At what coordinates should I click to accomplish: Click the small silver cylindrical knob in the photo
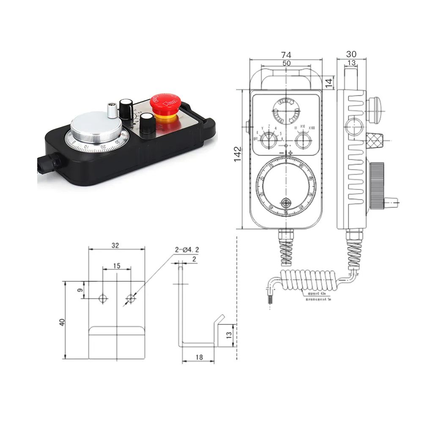(x=112, y=109)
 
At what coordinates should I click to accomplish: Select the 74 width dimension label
(x=286, y=55)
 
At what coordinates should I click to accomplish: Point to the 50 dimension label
(x=286, y=63)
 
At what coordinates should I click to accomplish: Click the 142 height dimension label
(x=237, y=154)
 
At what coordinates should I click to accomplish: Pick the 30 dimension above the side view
(x=351, y=54)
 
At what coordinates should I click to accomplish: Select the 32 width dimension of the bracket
(x=116, y=245)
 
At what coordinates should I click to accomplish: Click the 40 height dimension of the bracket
(x=62, y=321)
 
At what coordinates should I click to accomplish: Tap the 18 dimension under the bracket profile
(x=199, y=357)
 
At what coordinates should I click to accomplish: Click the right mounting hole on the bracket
(x=131, y=299)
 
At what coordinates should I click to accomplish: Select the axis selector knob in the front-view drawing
(x=267, y=140)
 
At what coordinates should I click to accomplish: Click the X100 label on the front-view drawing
(x=311, y=128)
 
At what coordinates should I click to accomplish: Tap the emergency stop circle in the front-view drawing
(x=286, y=109)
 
